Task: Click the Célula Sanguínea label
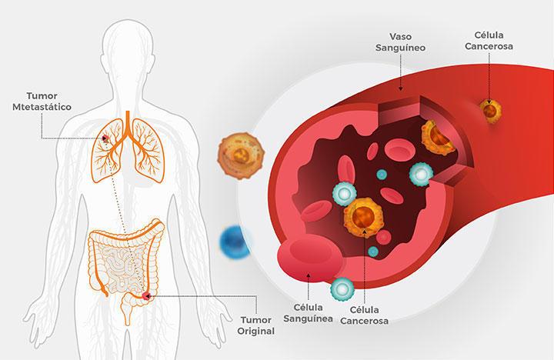click(x=307, y=310)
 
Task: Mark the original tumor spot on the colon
click(x=145, y=295)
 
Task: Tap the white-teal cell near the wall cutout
click(x=422, y=174)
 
